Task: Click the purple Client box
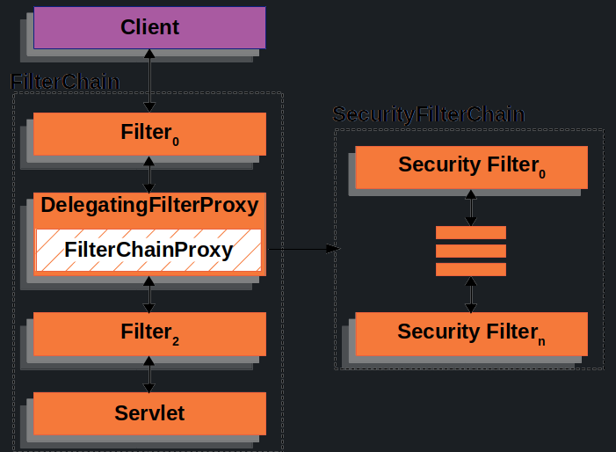149,27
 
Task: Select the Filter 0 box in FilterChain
149,134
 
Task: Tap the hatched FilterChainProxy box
149,251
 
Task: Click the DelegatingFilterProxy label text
149,206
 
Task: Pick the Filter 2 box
149,333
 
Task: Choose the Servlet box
149,412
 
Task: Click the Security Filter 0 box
471,166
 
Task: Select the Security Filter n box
471,332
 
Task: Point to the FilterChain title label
65,82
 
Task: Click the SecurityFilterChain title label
429,115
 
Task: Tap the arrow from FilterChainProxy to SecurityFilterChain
302,249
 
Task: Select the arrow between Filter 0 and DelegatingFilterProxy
149,174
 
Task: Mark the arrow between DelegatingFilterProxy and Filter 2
149,294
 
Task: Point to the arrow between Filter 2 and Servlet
149,374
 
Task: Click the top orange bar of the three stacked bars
471,232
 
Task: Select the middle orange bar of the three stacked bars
471,251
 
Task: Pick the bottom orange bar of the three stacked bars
471,269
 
